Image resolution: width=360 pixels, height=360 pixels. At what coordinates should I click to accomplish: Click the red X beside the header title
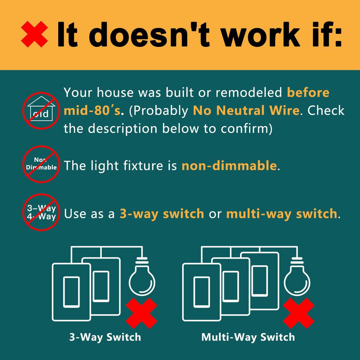pos(35,34)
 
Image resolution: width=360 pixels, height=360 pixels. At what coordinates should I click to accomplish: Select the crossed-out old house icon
pos(41,111)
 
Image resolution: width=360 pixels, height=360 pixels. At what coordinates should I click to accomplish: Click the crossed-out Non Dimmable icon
pos(41,164)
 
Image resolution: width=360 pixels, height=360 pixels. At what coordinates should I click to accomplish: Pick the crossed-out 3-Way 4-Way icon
pos(41,212)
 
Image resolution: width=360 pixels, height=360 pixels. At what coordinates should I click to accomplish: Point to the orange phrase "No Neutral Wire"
pos(246,111)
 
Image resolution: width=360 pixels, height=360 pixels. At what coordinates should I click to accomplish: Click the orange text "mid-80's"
pos(92,111)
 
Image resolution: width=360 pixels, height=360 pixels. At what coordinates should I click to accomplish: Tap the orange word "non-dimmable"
pos(229,165)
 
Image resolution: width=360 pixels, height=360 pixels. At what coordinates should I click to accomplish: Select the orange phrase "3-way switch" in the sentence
pos(162,214)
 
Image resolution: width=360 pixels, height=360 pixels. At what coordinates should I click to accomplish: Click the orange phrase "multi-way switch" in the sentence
pos(282,214)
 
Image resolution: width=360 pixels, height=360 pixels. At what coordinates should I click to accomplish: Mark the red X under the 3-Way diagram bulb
pos(141,314)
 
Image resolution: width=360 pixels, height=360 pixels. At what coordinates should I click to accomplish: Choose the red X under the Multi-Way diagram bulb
pos(299,314)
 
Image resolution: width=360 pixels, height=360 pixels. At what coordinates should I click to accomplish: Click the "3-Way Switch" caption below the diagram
pos(105,337)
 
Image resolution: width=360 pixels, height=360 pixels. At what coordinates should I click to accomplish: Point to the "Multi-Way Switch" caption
pos(248,337)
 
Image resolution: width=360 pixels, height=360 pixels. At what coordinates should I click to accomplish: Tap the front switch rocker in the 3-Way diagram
pos(71,292)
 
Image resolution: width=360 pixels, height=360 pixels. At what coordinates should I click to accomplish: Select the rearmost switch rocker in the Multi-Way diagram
pos(260,281)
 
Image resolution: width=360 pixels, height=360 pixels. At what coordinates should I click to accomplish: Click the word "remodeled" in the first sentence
pos(249,93)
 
